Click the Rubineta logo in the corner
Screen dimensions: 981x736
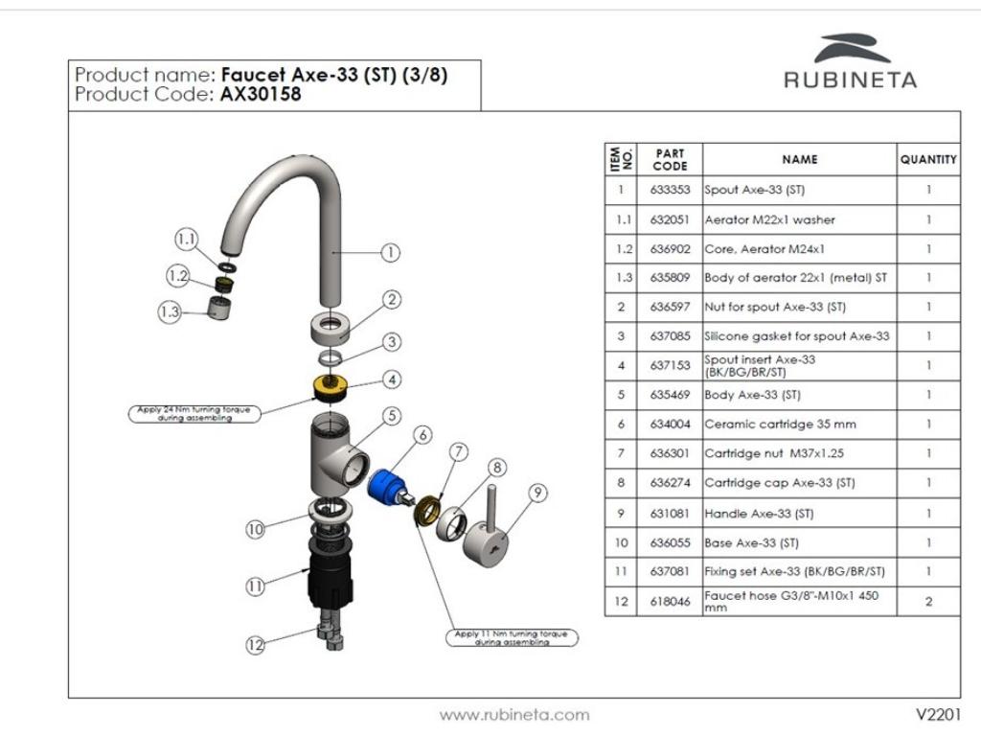pos(851,60)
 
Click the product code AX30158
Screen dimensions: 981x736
pos(261,95)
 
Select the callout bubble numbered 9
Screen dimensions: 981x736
pos(538,494)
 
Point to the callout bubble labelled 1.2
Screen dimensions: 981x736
pos(177,275)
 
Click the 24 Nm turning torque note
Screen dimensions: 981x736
pos(194,414)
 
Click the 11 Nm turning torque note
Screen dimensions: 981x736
pos(512,637)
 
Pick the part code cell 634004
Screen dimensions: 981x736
pos(670,425)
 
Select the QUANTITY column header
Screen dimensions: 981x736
pos(928,160)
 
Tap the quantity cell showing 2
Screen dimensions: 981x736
pos(928,602)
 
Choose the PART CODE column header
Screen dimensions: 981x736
pos(670,160)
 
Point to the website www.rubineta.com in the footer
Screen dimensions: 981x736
pos(514,715)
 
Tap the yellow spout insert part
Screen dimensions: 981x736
pos(331,387)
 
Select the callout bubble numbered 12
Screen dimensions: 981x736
pos(255,645)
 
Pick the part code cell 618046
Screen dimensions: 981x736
pos(670,602)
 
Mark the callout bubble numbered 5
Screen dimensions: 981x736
pos(392,416)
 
